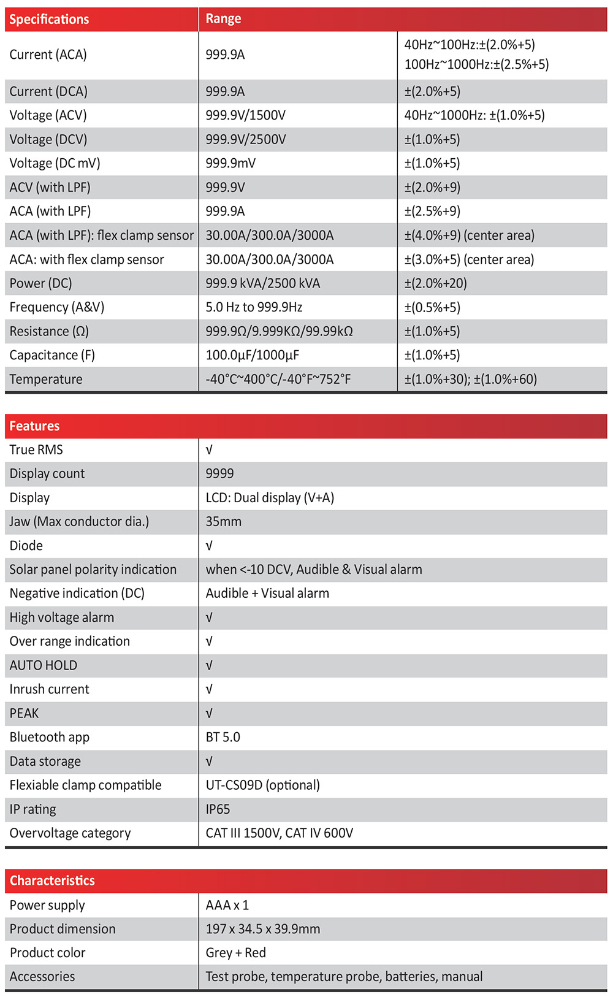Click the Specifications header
point(49,19)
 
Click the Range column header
point(223,19)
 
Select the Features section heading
point(34,426)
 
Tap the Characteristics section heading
point(52,881)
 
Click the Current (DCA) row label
point(48,91)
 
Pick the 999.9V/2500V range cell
point(246,139)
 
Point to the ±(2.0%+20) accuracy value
point(435,283)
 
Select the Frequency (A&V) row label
point(57,307)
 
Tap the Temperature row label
point(46,379)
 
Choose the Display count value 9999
point(219,473)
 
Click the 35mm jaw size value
point(223,522)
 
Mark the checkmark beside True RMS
point(209,450)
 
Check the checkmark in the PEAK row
point(209,714)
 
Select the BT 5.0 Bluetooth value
point(223,737)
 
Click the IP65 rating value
point(218,809)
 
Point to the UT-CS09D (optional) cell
point(262,785)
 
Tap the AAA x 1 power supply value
point(227,906)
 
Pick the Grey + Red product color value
point(235,953)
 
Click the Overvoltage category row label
point(70,833)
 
